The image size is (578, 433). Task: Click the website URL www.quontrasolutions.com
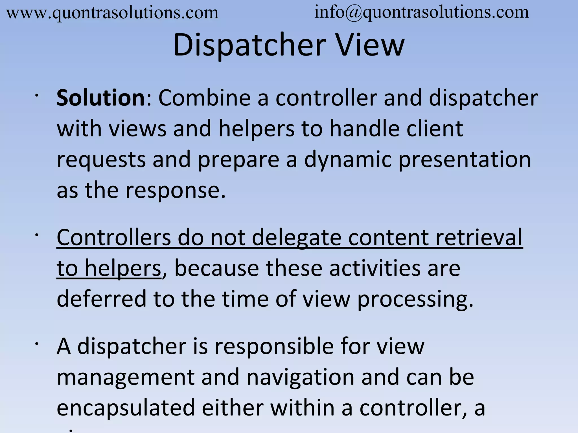click(x=112, y=13)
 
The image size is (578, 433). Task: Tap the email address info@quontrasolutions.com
click(x=421, y=12)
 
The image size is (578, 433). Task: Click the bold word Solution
click(x=101, y=98)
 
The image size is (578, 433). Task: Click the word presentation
click(x=465, y=160)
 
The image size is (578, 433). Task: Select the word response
click(x=175, y=190)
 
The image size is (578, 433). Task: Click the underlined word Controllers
click(x=114, y=237)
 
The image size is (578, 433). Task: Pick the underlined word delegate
click(x=296, y=237)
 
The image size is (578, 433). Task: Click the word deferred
click(x=102, y=299)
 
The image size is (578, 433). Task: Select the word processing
click(x=415, y=299)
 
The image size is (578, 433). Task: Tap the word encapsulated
click(x=126, y=408)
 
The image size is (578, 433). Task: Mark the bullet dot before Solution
click(x=36, y=96)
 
